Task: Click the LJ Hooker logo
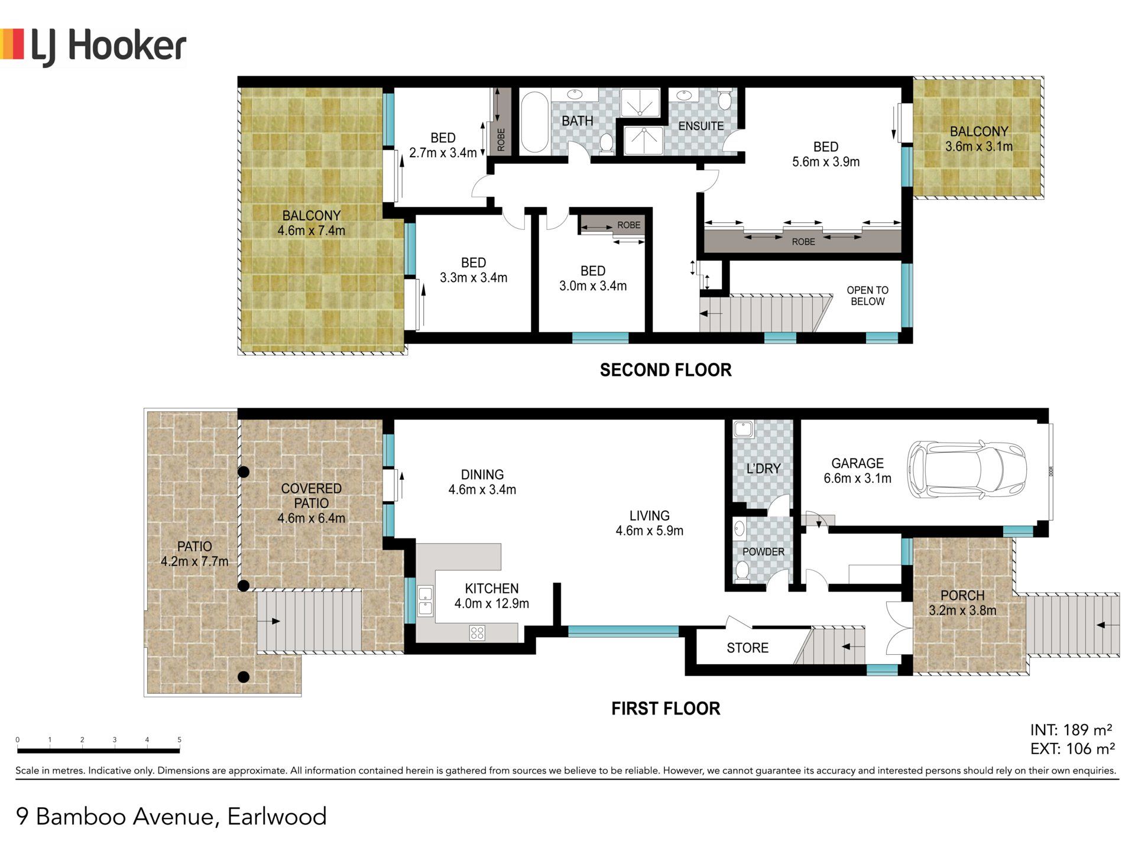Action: point(93,47)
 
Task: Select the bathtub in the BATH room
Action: point(534,122)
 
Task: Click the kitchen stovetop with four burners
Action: point(477,633)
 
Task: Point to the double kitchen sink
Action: point(425,600)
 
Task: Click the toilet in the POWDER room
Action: point(742,572)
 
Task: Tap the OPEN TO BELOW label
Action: point(867,295)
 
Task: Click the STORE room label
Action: point(747,648)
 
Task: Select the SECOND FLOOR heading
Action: point(666,370)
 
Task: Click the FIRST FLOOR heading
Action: point(666,709)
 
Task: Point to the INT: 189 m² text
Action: point(1071,730)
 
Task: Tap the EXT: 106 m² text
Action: point(1072,749)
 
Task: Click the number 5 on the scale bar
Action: point(179,739)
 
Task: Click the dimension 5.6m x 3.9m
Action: point(826,161)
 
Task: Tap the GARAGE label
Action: point(857,463)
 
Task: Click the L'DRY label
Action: point(763,469)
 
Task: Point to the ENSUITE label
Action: point(701,126)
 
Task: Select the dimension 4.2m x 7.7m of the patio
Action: point(194,561)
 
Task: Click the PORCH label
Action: point(962,595)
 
